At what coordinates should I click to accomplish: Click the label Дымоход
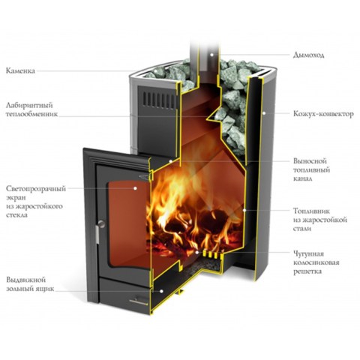tap(308, 55)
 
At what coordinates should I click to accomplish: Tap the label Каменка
tap(20, 70)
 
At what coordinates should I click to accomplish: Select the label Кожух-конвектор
tap(323, 114)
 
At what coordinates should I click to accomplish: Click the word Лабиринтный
tap(29, 105)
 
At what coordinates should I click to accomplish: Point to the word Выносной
tap(310, 160)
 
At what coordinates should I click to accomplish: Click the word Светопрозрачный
tap(36, 189)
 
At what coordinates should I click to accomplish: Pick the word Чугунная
tap(308, 254)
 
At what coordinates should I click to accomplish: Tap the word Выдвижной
tap(26, 280)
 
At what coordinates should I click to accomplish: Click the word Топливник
tap(311, 211)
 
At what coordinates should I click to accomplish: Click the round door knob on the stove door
tap(101, 223)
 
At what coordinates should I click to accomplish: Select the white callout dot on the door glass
tap(135, 188)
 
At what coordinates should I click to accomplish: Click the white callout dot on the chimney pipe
tap(211, 54)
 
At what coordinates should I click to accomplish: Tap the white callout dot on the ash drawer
tap(161, 291)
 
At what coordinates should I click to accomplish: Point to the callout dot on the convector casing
tap(263, 113)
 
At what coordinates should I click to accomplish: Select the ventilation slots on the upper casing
tap(159, 100)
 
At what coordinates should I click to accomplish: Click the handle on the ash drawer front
tap(139, 301)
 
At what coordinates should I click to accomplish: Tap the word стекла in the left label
tap(16, 215)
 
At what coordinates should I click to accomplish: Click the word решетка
tap(307, 271)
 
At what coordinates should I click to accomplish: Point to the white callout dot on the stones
tap(155, 70)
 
